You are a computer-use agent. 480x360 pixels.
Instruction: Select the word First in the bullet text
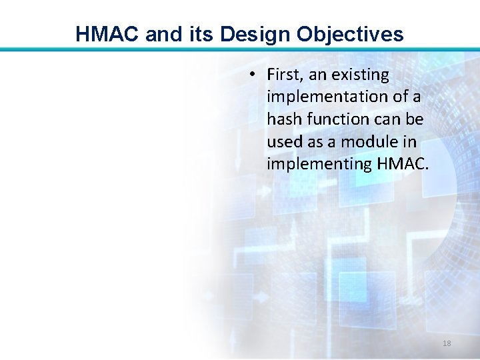pyautogui.click(x=285, y=75)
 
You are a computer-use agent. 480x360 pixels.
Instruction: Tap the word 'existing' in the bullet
pyautogui.click(x=361, y=75)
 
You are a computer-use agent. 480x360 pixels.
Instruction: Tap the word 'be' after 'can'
pyautogui.click(x=415, y=119)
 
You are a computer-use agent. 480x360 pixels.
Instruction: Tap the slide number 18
pyautogui.click(x=447, y=343)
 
